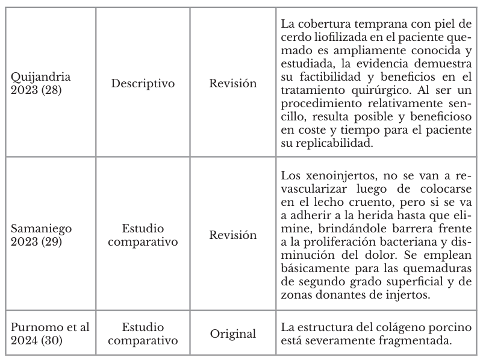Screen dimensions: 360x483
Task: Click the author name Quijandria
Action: pyautogui.click(x=41, y=76)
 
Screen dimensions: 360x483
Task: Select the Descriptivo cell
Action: pyautogui.click(x=143, y=83)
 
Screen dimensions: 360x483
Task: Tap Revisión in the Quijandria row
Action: pyautogui.click(x=232, y=83)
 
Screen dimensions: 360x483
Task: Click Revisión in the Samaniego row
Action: pyautogui.click(x=232, y=234)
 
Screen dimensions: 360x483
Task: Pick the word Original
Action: pyautogui.click(x=232, y=333)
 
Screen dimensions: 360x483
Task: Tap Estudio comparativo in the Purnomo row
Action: pyautogui.click(x=143, y=334)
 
